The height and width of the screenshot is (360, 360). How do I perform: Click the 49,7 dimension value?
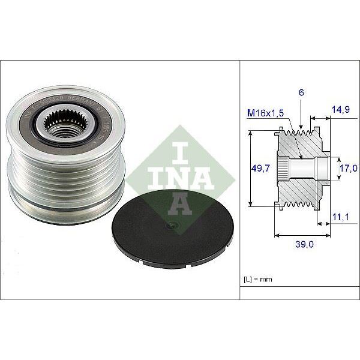click(259, 170)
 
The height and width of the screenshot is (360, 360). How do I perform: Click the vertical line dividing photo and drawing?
click(239, 180)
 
